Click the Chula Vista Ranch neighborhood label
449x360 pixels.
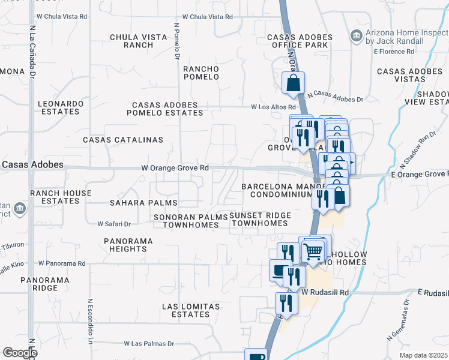click(x=138, y=41)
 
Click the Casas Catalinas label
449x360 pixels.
click(x=123, y=140)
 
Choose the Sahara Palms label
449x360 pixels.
click(x=136, y=203)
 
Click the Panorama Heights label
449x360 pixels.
click(x=128, y=245)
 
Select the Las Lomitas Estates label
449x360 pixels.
click(x=191, y=310)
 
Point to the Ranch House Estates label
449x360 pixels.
click(x=61, y=197)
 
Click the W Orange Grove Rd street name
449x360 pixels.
click(x=175, y=168)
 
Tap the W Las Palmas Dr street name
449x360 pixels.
click(x=149, y=344)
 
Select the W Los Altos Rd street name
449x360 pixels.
click(x=274, y=107)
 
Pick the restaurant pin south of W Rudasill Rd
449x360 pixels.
click(x=287, y=303)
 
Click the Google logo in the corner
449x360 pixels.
click(x=20, y=353)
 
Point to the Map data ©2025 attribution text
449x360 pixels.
click(x=423, y=355)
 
